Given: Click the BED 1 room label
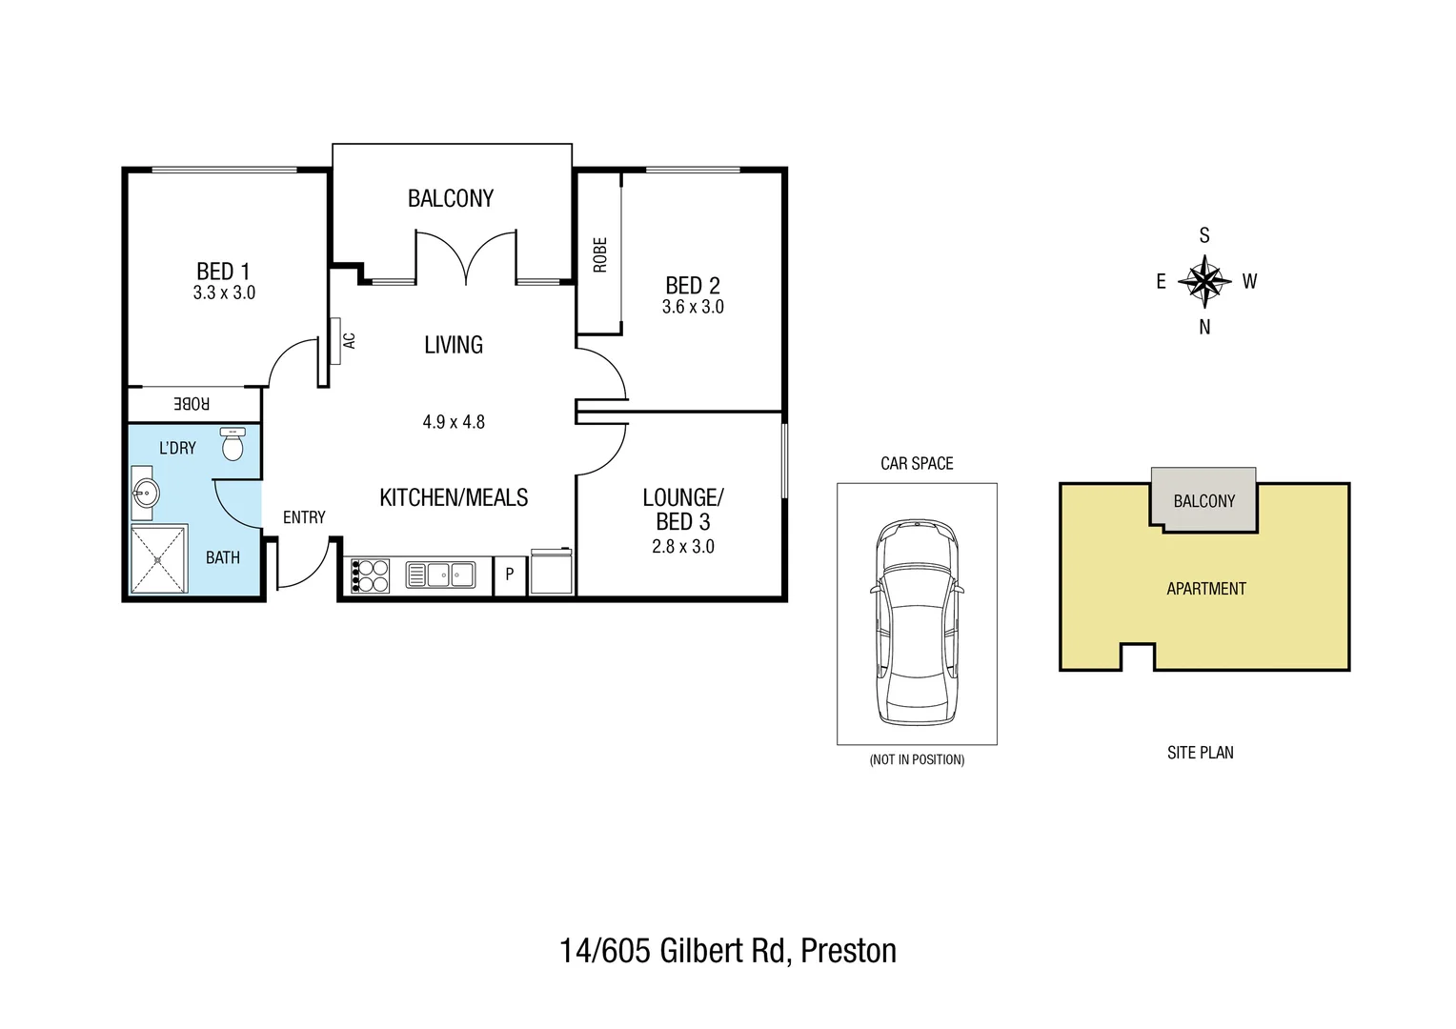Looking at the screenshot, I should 223,272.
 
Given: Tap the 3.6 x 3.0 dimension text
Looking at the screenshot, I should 693,307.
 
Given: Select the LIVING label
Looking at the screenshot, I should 454,345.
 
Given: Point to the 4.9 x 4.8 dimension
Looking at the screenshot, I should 454,421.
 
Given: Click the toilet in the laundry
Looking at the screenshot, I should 233,444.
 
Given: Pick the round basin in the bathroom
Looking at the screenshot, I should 145,494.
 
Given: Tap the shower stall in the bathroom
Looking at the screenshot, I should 159,558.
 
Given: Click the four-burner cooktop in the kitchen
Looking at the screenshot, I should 371,575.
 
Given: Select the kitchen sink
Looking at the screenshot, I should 440,575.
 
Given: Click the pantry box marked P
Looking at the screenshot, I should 510,575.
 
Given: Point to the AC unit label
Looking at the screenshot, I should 349,340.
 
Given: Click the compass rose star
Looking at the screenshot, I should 1204,281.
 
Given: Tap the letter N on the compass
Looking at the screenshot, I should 1204,327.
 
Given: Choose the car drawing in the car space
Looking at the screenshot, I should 917,622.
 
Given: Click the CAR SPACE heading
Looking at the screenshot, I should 917,463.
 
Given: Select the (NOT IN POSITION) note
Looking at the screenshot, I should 917,759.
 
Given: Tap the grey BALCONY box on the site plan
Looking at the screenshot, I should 1203,499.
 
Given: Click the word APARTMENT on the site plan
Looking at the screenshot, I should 1206,589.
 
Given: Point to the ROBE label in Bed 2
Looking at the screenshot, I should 599,254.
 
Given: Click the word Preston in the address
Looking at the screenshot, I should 848,951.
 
